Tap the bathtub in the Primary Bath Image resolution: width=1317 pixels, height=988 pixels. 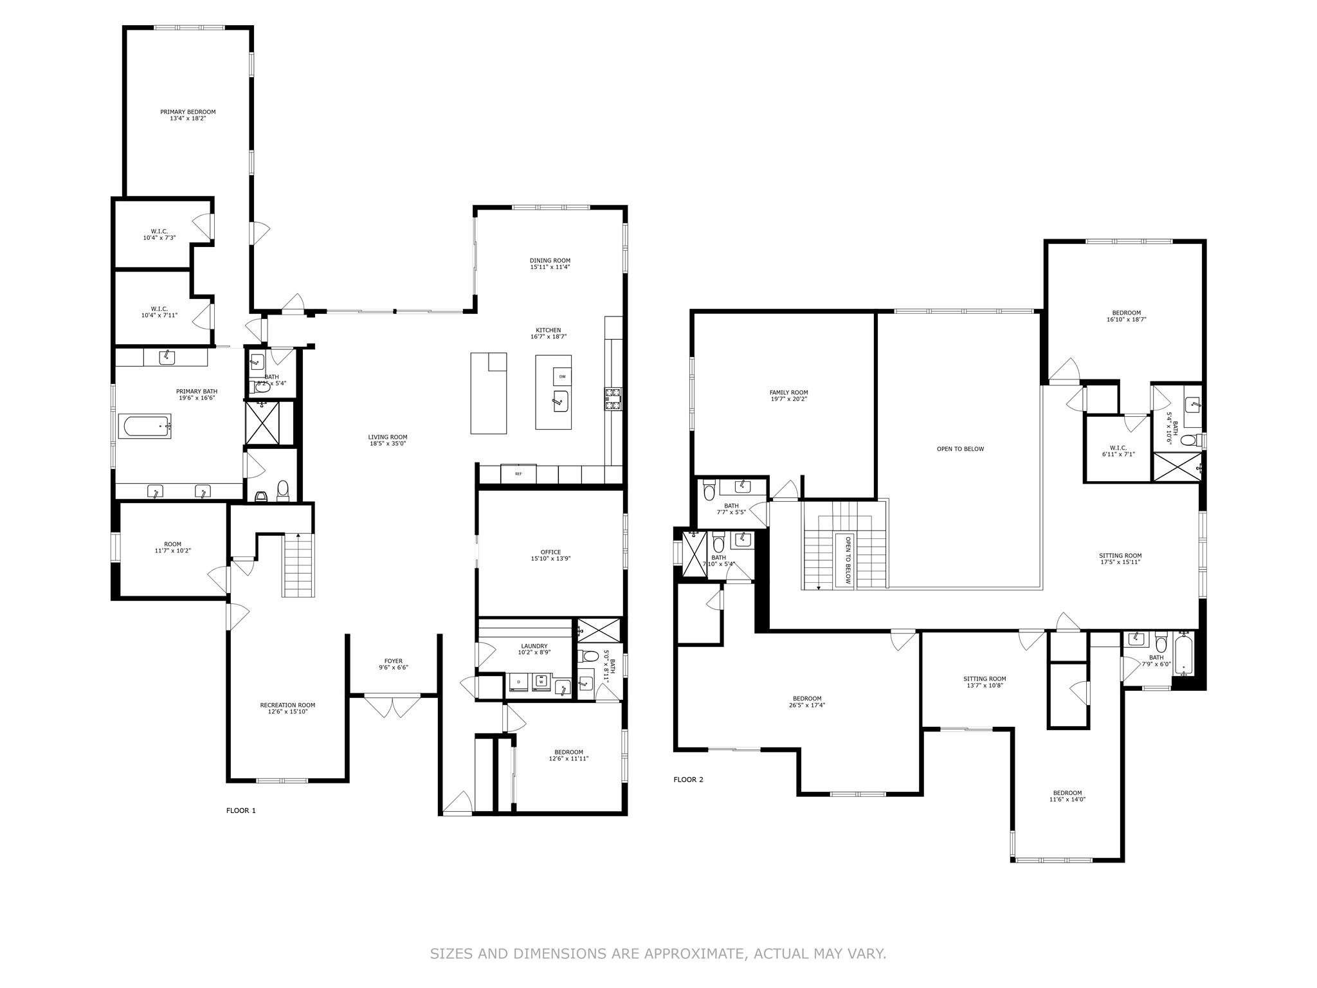tap(146, 428)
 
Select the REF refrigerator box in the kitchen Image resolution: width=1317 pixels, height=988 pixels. tap(518, 473)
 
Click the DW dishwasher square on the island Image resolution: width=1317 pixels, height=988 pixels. tap(562, 376)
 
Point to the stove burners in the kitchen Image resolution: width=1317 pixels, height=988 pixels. tap(612, 398)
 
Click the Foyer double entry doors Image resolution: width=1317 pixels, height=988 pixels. tap(393, 706)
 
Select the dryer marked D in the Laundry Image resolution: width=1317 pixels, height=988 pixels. tap(518, 681)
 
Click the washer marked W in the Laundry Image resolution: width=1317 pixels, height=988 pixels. tap(541, 681)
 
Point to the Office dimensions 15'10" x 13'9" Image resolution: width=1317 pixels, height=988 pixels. tap(550, 559)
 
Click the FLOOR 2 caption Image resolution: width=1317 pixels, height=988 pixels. tap(688, 780)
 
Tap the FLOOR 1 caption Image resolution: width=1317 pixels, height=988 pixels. tap(241, 810)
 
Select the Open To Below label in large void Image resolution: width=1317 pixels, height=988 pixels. tap(959, 449)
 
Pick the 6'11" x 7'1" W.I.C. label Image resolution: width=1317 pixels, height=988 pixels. tap(1118, 451)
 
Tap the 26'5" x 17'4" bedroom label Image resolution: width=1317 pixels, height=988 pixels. tap(806, 702)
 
